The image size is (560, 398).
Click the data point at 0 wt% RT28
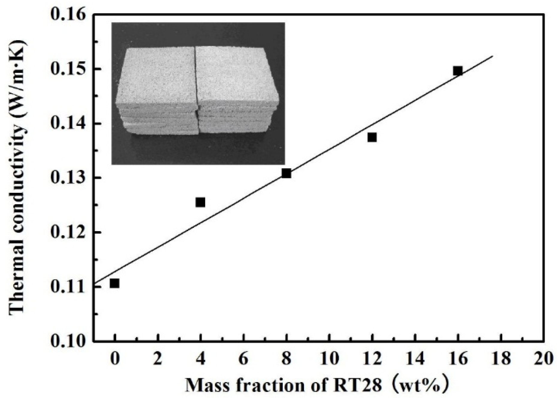pos(114,283)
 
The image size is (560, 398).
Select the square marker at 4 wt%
pos(200,202)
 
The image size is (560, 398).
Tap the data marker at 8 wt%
pos(286,173)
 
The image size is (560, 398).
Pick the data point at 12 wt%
pos(372,137)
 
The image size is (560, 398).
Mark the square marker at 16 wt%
pos(458,71)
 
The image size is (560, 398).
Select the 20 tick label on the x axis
pos(543,359)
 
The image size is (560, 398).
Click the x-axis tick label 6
pos(243,359)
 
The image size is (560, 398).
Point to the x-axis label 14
pos(415,359)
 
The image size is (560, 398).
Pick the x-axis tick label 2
pos(157,359)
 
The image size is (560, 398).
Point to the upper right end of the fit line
pos(493,56)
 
